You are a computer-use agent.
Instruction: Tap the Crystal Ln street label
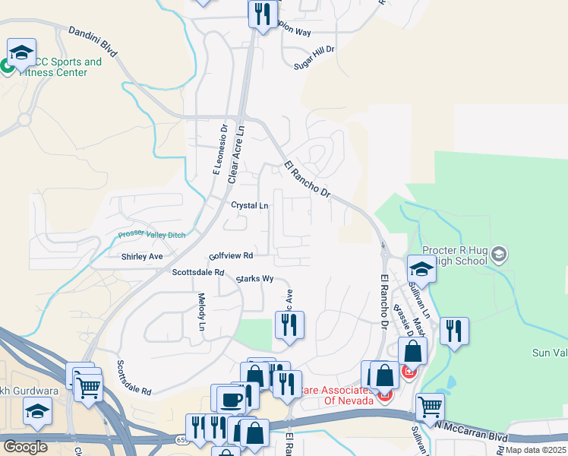click(250, 206)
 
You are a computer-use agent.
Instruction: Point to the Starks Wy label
click(254, 279)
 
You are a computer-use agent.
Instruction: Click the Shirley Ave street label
click(142, 257)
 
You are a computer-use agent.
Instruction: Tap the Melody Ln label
click(202, 312)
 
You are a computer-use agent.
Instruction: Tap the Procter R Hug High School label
click(456, 256)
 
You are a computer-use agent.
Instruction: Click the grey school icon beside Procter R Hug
click(499, 252)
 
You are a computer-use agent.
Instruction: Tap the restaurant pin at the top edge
click(262, 14)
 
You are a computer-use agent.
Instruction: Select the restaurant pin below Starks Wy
click(289, 325)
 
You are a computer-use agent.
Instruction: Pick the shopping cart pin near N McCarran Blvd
click(430, 407)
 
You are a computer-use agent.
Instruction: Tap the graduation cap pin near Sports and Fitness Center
click(21, 53)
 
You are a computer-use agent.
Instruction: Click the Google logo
click(26, 447)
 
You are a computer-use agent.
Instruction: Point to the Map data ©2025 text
click(535, 450)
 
